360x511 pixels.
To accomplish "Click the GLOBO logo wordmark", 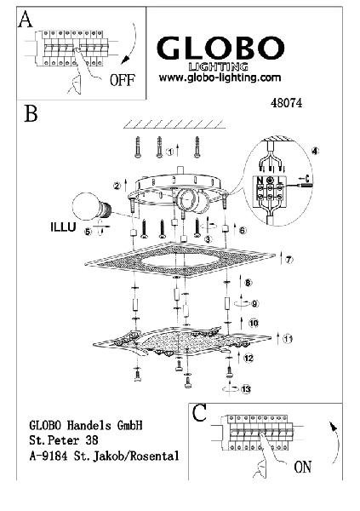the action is point(221,48).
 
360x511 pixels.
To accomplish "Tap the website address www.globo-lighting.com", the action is point(220,78).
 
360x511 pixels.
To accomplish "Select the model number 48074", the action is point(286,103).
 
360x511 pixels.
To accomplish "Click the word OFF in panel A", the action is point(123,80).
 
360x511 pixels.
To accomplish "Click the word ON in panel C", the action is point(303,467).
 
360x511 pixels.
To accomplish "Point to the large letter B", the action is point(31,113).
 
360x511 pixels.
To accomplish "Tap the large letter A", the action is point(26,19).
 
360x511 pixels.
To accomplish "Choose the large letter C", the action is point(199,413).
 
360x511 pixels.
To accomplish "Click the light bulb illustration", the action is point(92,206).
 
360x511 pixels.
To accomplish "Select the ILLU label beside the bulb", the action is point(63,227).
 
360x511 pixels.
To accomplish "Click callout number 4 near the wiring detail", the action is point(315,151).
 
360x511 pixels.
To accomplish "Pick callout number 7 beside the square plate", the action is point(289,260).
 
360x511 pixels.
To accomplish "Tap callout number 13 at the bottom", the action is point(246,389).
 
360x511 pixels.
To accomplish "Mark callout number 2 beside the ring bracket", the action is point(117,186).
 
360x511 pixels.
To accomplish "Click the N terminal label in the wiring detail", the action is point(260,181).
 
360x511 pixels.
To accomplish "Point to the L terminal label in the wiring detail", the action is point(280,181).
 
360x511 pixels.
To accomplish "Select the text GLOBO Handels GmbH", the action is point(86,425).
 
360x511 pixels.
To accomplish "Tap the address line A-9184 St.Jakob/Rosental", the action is point(104,456).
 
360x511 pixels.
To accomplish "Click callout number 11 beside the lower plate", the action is point(288,339).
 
